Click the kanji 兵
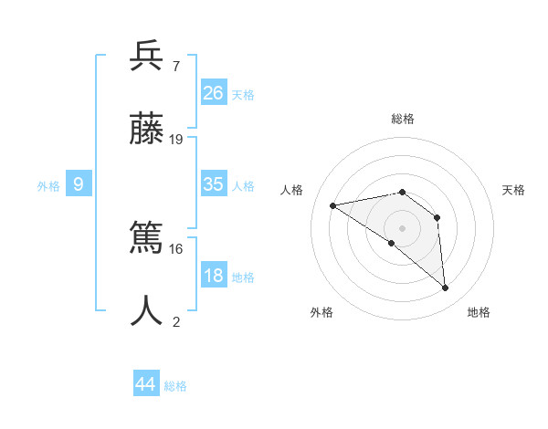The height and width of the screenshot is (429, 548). point(147,58)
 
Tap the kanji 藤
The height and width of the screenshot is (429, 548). point(147,131)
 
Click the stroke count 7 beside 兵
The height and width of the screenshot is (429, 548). point(175,67)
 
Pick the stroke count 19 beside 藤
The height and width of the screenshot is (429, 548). point(176,140)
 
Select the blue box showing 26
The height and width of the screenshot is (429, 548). point(214,92)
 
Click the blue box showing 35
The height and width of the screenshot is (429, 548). point(214,183)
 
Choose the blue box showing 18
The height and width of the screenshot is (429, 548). point(214,276)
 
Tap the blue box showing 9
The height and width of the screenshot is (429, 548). point(79,184)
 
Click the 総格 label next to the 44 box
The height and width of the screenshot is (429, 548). point(176,386)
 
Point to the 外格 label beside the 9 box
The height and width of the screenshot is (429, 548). point(48,186)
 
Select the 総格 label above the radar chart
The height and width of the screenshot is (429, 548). point(403,119)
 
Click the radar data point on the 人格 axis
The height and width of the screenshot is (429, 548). point(333,206)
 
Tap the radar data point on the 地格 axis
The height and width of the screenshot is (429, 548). point(446,288)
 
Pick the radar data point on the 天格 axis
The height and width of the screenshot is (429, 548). point(437,217)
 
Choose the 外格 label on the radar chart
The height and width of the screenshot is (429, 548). point(321,312)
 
